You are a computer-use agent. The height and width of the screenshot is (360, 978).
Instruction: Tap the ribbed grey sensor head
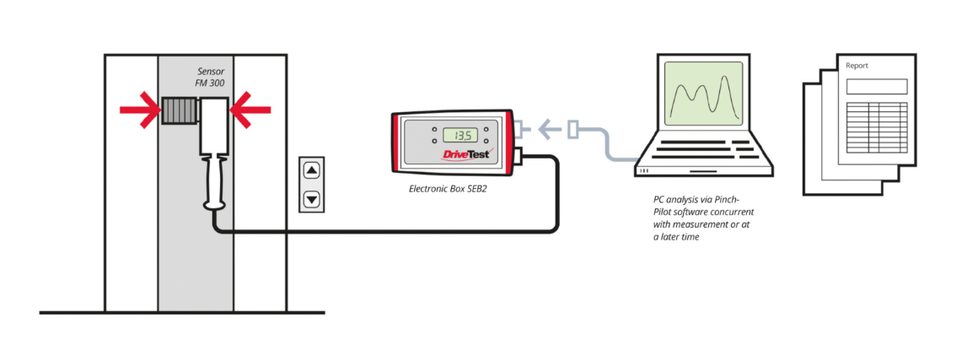178,110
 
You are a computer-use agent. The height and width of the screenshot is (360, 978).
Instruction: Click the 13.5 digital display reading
461,135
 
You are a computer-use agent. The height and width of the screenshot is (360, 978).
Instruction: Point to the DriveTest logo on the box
465,154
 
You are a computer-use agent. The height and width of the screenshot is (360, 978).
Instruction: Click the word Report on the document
857,66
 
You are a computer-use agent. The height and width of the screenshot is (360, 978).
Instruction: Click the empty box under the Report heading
877,86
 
